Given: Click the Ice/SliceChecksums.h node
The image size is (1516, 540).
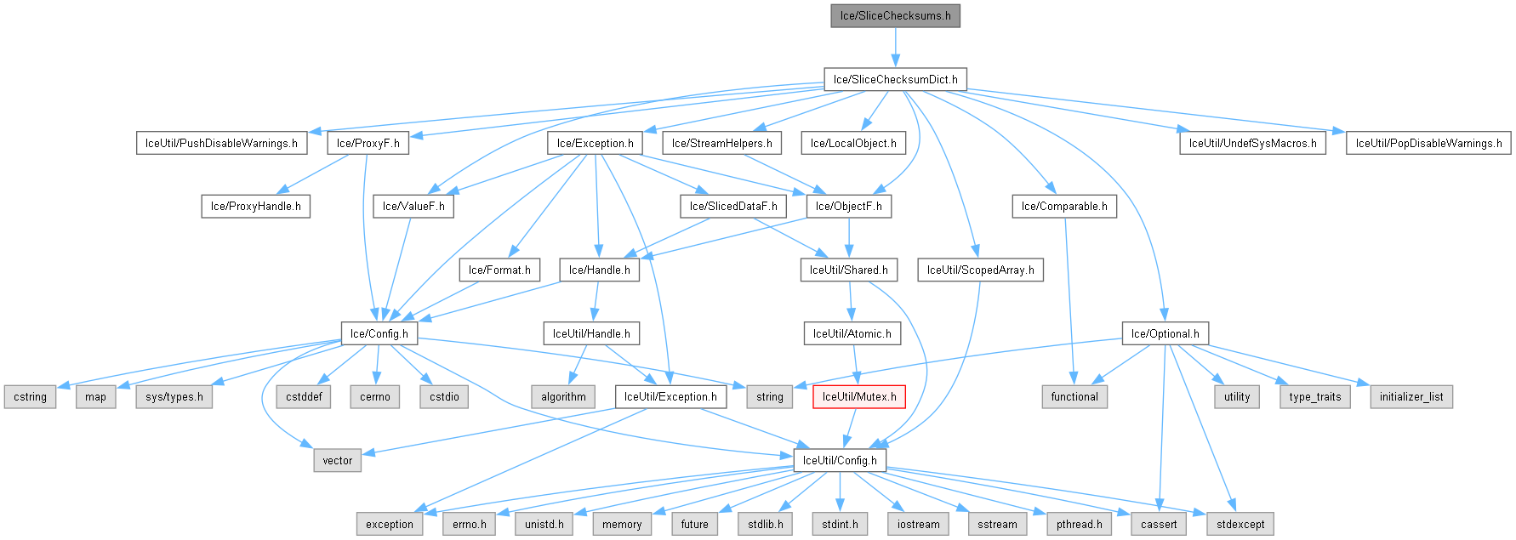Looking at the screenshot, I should click(x=895, y=15).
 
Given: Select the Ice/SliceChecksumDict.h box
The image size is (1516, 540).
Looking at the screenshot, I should click(x=895, y=79).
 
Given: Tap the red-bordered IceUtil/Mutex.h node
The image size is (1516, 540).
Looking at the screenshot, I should click(x=858, y=396).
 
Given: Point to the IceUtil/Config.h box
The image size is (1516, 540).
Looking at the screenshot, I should click(x=839, y=460).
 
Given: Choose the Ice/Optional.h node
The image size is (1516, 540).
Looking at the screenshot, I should click(x=1165, y=333).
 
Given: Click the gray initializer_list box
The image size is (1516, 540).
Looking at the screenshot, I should click(x=1411, y=396).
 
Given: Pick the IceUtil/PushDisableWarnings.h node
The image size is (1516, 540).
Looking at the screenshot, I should click(x=221, y=143).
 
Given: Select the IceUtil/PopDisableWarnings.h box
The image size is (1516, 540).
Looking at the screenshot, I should click(x=1428, y=143).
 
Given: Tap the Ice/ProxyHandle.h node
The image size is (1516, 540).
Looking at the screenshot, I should click(x=255, y=206).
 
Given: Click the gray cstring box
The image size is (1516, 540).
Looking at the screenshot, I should click(x=30, y=396).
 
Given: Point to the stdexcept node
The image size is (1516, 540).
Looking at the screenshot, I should click(x=1240, y=524).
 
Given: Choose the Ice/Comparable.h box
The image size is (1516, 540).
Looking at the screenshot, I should click(x=1063, y=206).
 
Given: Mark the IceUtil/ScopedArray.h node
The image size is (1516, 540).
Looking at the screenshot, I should click(x=980, y=270).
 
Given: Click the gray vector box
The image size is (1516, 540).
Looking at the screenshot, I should click(x=337, y=460).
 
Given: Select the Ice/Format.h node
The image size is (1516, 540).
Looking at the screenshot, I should click(x=499, y=270).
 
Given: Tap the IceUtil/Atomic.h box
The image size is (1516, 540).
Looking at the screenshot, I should click(x=852, y=333).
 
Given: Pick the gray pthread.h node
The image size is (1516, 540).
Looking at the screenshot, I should click(x=1078, y=524).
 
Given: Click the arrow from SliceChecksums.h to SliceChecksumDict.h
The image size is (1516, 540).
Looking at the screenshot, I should click(x=895, y=47).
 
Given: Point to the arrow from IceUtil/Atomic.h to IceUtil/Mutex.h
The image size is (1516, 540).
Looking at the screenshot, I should click(x=855, y=365).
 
